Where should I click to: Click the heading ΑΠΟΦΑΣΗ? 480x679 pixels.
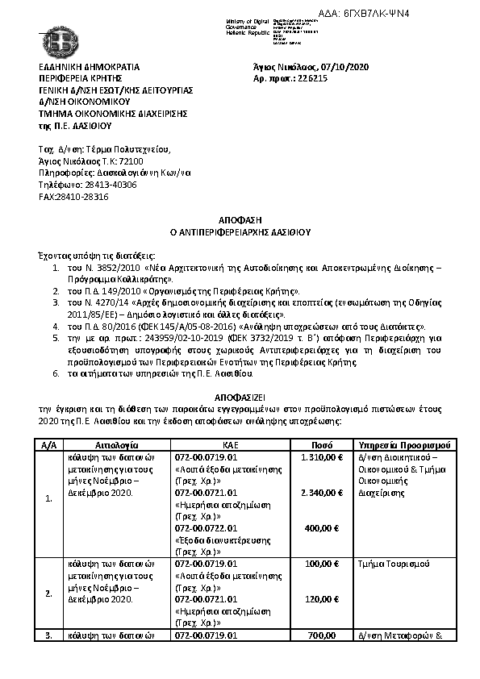[240, 219]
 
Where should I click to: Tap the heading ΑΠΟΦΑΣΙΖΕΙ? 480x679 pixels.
[240, 398]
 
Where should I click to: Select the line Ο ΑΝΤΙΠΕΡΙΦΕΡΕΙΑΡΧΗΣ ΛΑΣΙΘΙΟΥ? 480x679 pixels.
[240, 231]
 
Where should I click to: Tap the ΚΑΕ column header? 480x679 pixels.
[230, 445]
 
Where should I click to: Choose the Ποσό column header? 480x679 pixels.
[323, 445]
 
